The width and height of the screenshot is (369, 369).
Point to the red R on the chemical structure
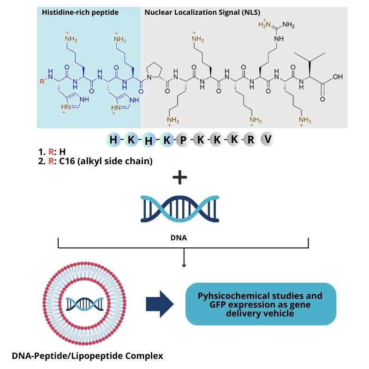coord(43,82)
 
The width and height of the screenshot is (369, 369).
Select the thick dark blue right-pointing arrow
coord(160,304)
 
